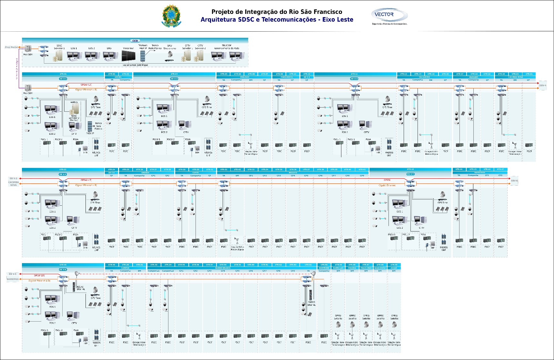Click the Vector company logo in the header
[x=389, y=15]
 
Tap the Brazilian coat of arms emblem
[x=171, y=16]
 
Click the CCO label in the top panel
[x=135, y=41]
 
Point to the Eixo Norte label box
[x=11, y=47]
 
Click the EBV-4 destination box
[x=543, y=86]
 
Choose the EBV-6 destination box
[x=514, y=181]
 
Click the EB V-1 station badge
[x=63, y=79]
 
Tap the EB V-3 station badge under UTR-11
[x=354, y=79]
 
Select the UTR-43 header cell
[x=410, y=169]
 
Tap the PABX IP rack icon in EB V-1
[x=90, y=126]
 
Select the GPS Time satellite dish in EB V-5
[x=442, y=194]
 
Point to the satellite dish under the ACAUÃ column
[x=394, y=325]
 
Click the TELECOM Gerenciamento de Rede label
[x=227, y=47]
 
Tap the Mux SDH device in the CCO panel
[x=28, y=48]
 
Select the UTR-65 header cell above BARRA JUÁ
[x=338, y=265]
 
